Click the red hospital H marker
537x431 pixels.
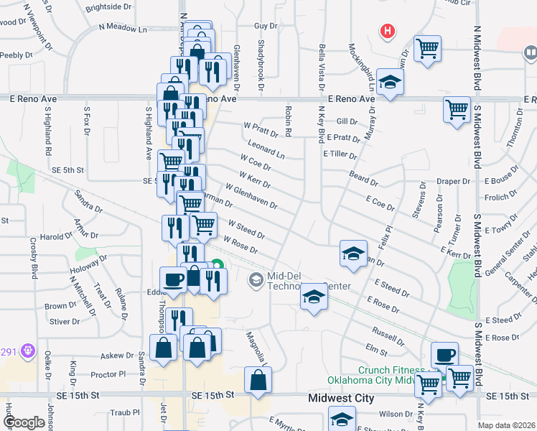coord(388,32)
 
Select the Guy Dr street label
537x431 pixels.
coord(265,25)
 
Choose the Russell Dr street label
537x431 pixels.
coord(388,333)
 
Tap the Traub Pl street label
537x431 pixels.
coord(125,413)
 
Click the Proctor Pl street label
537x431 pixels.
coord(108,374)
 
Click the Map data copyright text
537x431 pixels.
coord(507,425)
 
